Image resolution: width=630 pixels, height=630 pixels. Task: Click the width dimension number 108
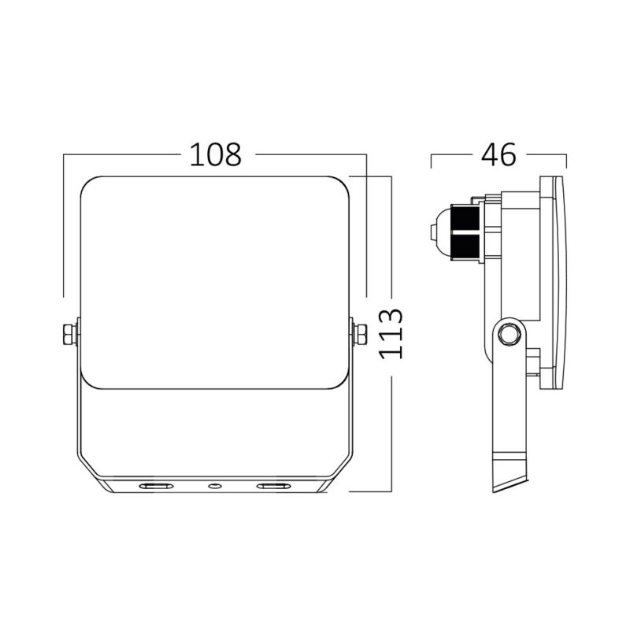pos(214,155)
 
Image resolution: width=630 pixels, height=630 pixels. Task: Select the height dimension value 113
pos(391,334)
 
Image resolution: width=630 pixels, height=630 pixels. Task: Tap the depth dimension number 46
pos(498,155)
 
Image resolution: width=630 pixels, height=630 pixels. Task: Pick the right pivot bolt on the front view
pos(360,334)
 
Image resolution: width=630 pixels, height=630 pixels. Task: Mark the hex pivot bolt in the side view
pos(510,334)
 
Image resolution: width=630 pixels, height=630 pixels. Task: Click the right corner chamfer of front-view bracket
pos(340,469)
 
